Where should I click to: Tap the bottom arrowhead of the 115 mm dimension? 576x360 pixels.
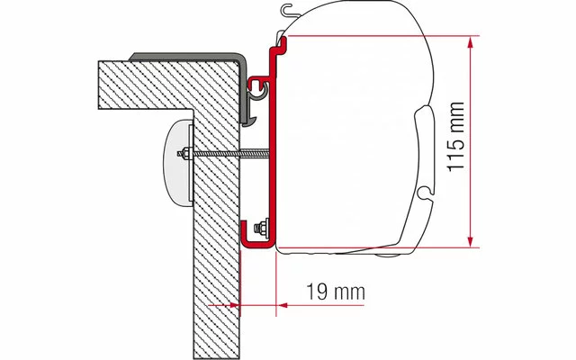469,240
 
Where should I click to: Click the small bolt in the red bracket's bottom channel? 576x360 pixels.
263,226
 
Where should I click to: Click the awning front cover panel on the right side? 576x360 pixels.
427,153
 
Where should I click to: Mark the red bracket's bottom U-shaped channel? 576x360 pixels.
258,238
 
